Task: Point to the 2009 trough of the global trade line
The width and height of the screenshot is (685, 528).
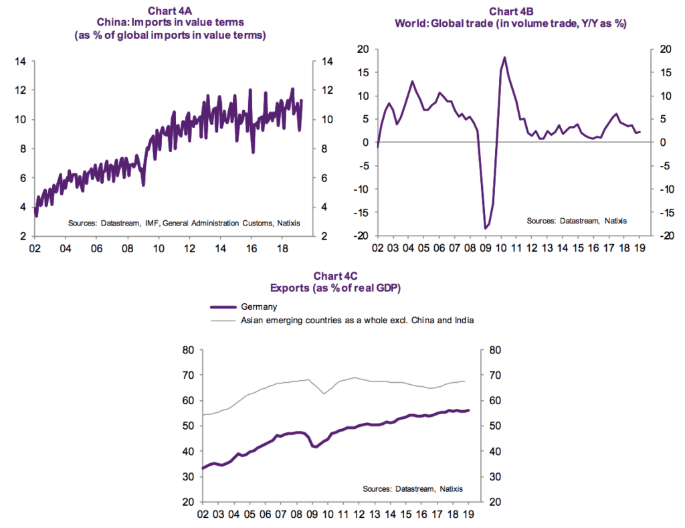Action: tap(485, 229)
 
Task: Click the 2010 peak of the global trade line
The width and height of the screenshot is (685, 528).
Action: tap(504, 58)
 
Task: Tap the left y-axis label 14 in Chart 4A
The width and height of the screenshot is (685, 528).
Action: tap(20, 62)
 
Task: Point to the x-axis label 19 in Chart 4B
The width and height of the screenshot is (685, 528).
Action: tap(641, 249)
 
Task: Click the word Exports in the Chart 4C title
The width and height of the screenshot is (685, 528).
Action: tap(289, 288)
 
